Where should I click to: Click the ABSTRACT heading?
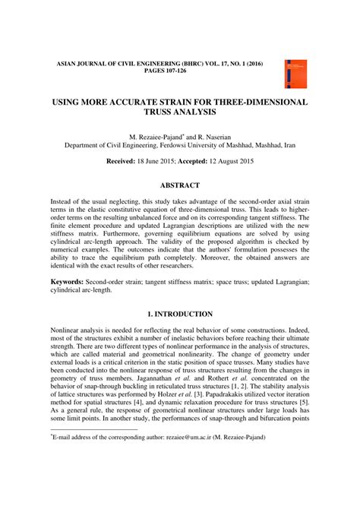[x=179, y=185]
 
